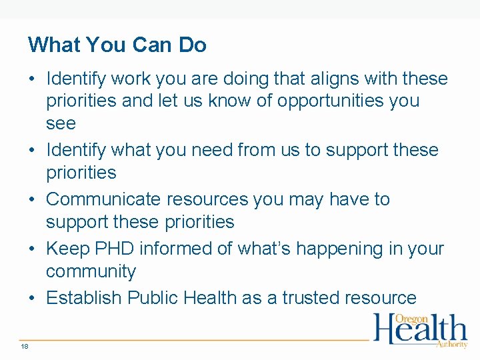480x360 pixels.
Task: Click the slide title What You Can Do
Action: point(117,45)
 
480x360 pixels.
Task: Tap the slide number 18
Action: point(25,346)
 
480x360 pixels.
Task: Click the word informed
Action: point(173,249)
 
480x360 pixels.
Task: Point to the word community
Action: point(91,271)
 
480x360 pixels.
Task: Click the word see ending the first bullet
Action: point(61,124)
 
